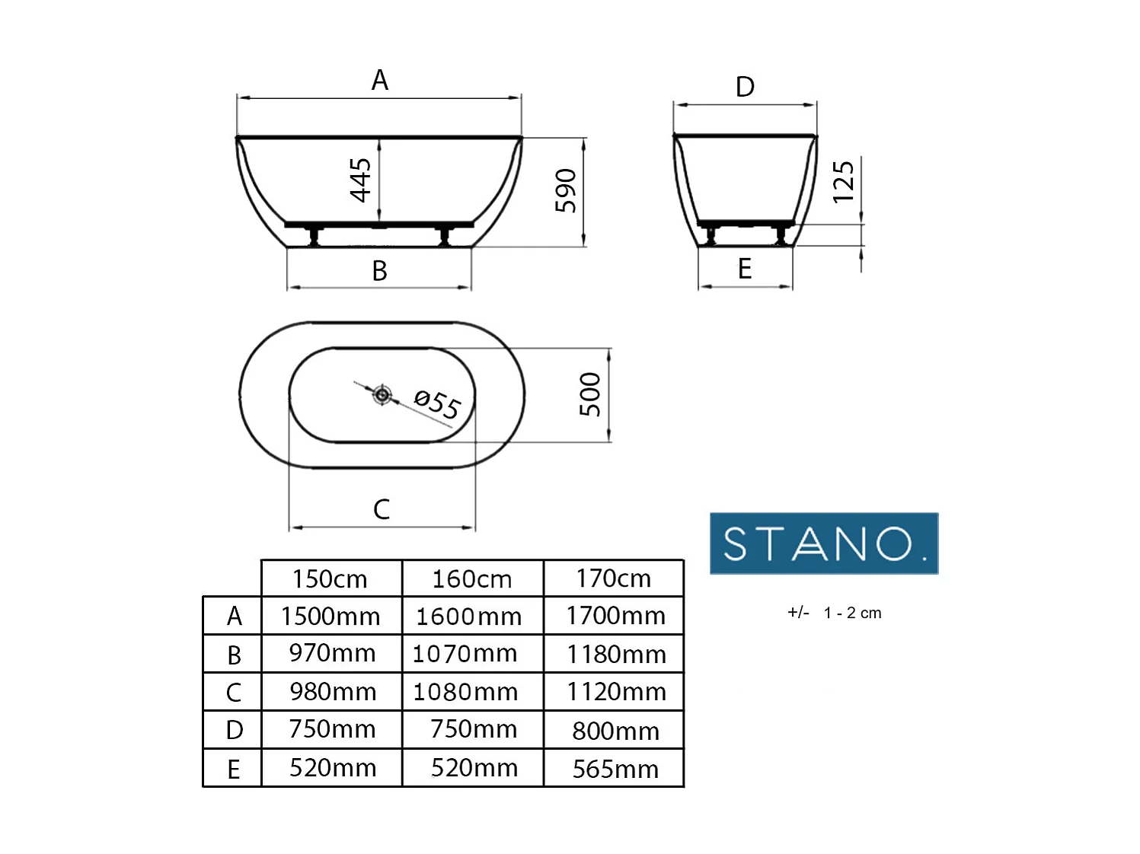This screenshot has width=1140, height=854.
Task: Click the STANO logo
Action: pos(823,543)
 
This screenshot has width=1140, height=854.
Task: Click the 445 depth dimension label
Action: pos(360,180)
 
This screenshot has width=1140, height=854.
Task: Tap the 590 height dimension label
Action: pos(565,190)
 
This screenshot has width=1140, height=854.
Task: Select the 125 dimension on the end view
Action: pos(843,182)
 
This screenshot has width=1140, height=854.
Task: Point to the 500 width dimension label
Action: pos(590,394)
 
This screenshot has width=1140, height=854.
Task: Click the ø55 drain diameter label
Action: pos(437,403)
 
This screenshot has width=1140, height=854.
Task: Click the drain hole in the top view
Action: pos(382,394)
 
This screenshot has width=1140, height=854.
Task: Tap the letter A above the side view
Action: pos(379,80)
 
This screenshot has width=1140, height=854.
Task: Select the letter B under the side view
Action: pos(379,270)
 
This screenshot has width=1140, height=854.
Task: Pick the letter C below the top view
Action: pos(382,509)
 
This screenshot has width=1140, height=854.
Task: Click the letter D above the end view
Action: pos(745,87)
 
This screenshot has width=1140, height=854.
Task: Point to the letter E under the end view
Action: pos(745,269)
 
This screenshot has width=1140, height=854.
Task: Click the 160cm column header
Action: pos(472,578)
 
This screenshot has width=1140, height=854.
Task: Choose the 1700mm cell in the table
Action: pos(615,615)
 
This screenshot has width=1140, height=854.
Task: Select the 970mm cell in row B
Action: pos(332,653)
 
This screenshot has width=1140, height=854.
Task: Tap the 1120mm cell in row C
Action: pos(615,691)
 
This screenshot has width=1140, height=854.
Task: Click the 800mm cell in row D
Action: pos(615,730)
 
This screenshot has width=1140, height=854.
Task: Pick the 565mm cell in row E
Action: pos(615,769)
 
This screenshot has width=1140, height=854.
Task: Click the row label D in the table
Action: pos(234,730)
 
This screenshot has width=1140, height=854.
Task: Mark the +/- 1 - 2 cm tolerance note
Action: pos(834,613)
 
